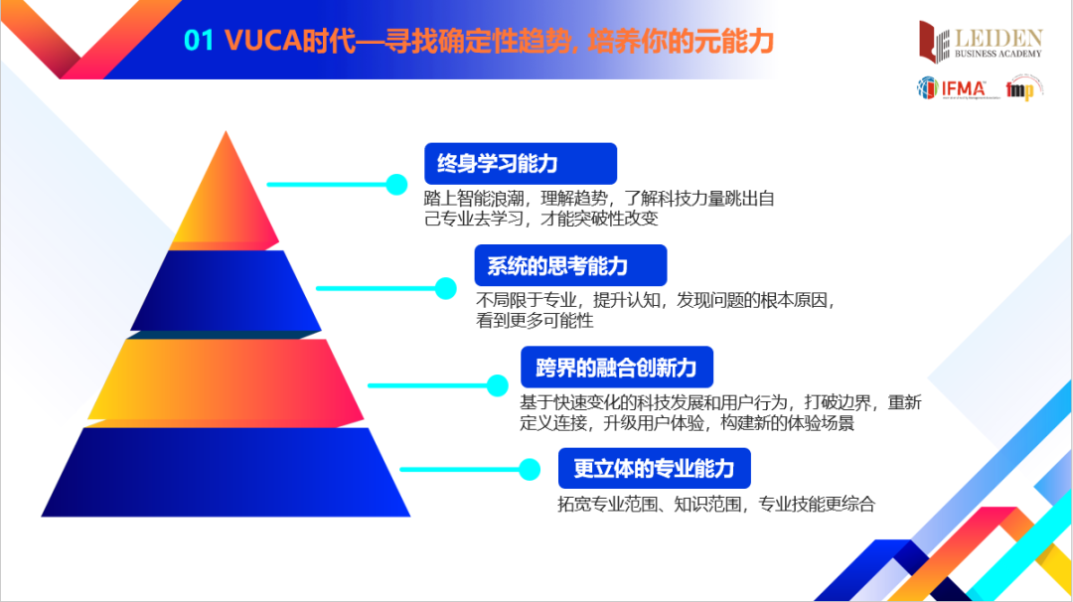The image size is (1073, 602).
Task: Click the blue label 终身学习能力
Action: (520, 164)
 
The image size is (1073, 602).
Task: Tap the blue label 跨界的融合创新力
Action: (616, 368)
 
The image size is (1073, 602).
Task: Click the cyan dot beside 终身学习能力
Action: (396, 184)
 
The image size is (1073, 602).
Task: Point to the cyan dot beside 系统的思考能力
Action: (446, 288)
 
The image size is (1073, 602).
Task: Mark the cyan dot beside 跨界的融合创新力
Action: (497, 384)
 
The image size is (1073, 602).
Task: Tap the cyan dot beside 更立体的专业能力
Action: (529, 467)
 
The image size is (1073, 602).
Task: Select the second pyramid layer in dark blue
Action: (227, 291)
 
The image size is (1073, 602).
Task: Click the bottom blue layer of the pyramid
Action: (227, 472)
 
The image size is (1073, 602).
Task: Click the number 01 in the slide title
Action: (200, 41)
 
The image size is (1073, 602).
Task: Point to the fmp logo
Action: (1019, 90)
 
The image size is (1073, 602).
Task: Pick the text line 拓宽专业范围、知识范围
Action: (715, 504)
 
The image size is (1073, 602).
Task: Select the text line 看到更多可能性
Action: (535, 321)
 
